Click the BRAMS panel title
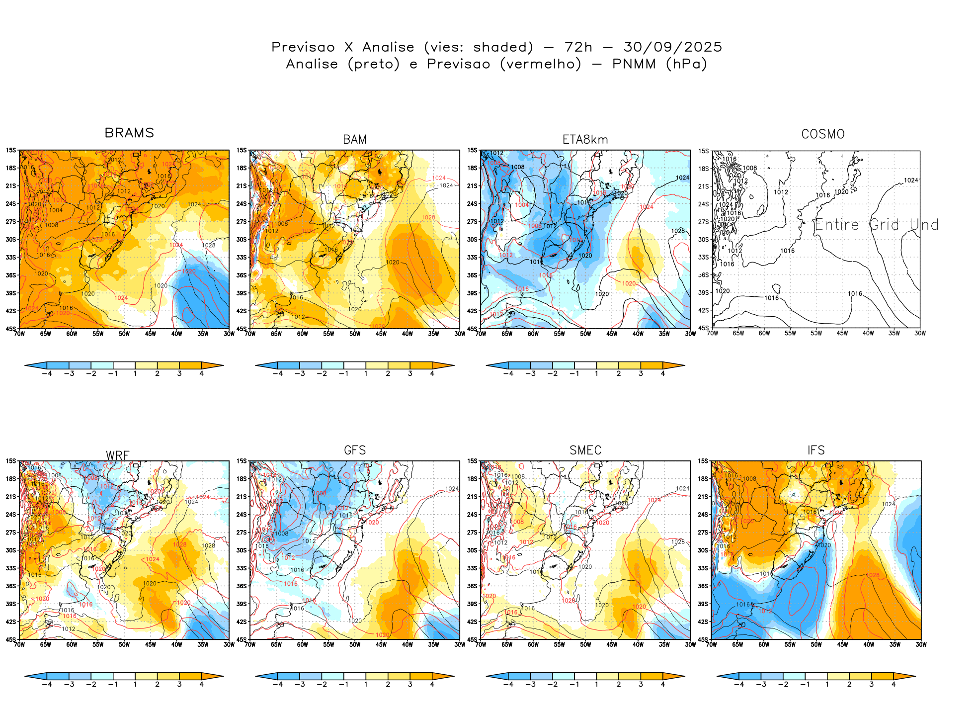[x=129, y=133]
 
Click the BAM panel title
[x=355, y=140]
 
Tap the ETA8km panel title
[x=585, y=140]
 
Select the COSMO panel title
[x=823, y=134]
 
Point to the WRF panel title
[x=118, y=455]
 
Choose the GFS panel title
[x=355, y=450]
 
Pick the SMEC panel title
[x=585, y=450]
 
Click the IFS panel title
[x=816, y=450]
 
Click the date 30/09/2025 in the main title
[x=673, y=47]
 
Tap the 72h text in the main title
[x=578, y=47]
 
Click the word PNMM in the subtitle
[x=634, y=64]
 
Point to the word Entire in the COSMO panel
[x=836, y=225]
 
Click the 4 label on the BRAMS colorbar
[x=201, y=374]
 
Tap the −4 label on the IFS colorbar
[x=739, y=685]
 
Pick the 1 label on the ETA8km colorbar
[x=596, y=374]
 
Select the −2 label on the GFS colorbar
[x=322, y=685]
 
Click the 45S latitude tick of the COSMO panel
[x=704, y=328]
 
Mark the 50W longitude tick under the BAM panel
[x=355, y=334]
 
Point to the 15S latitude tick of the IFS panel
[x=703, y=461]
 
